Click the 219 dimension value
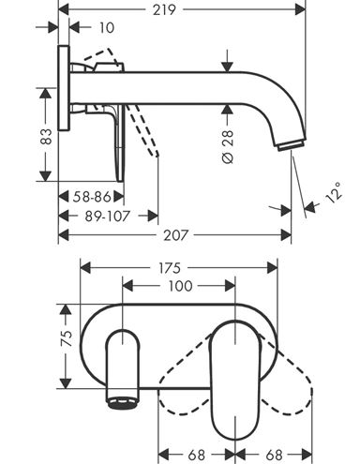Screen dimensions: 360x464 point(164,10)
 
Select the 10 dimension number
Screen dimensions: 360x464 point(107,28)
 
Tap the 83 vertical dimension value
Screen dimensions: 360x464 point(46,136)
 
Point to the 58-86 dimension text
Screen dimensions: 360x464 point(92,197)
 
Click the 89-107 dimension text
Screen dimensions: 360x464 point(107,216)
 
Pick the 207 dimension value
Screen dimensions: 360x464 point(176,235)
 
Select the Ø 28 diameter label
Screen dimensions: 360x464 point(228,147)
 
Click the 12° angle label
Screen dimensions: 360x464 point(334,192)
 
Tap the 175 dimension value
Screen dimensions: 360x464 point(170,268)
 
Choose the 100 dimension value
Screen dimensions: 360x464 point(180,286)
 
